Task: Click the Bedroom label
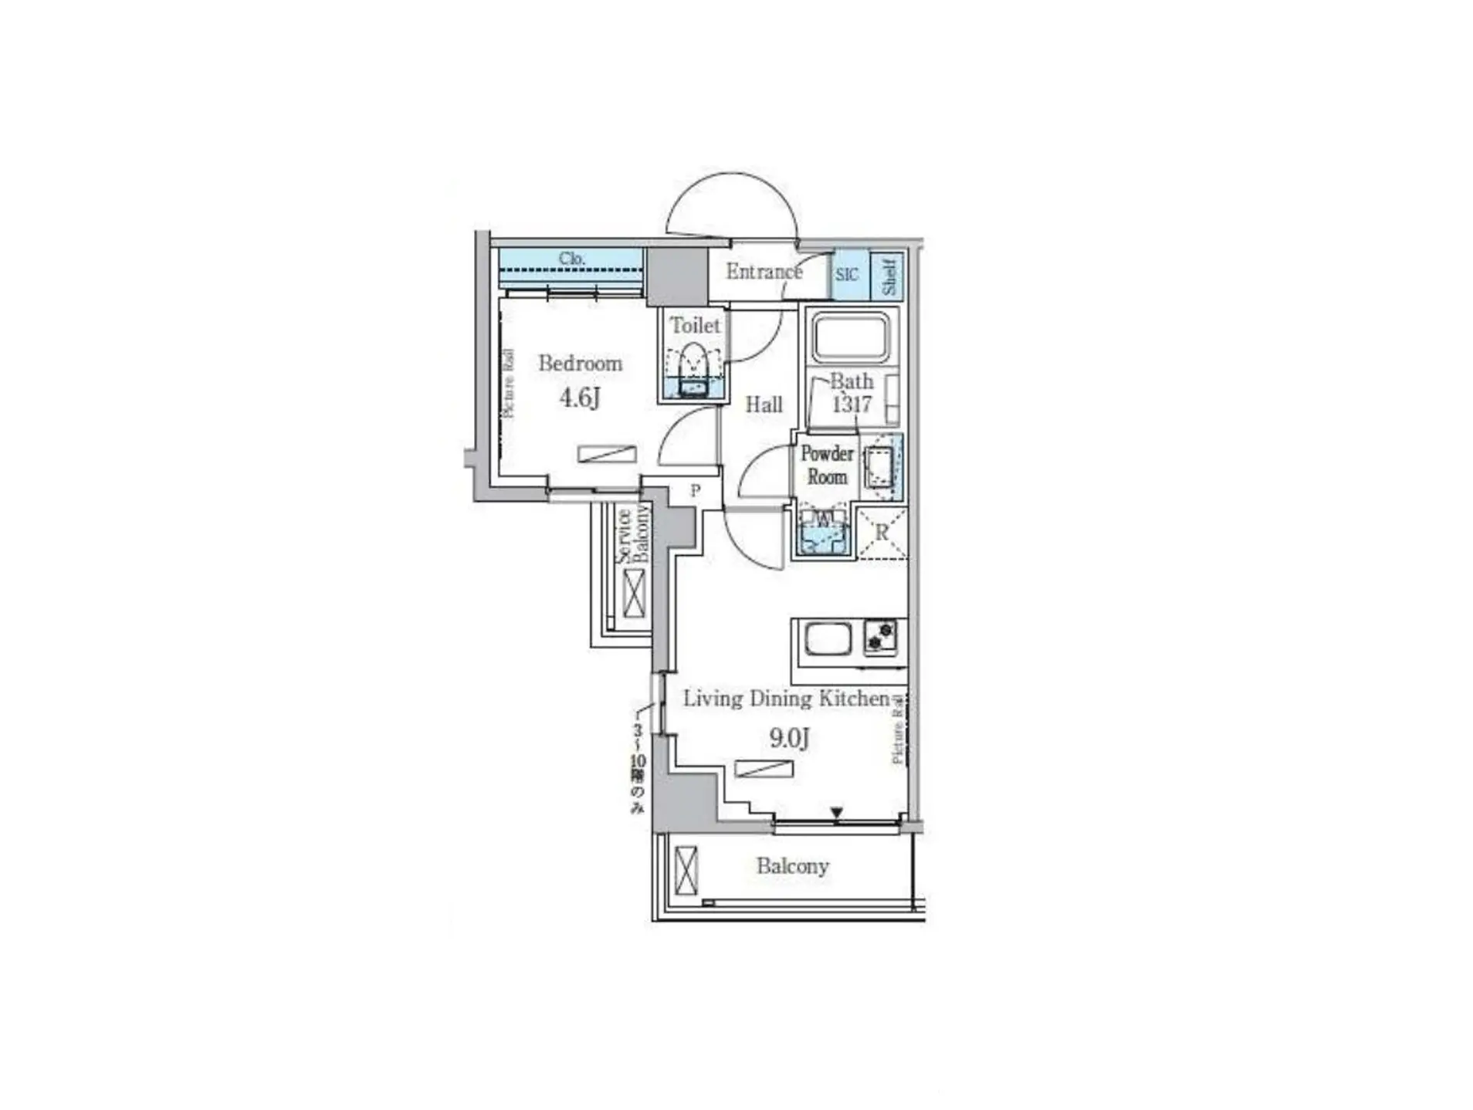(580, 363)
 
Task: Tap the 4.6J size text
(579, 398)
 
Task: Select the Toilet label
(694, 325)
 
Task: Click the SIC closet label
(846, 275)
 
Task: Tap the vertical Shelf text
(889, 276)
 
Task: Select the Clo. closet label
(571, 258)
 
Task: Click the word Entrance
(763, 272)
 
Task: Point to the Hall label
(764, 404)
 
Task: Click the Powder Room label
(827, 465)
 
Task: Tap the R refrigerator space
(882, 532)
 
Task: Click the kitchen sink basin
(828, 638)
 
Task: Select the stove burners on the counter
(880, 637)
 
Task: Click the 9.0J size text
(789, 738)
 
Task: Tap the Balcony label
(792, 866)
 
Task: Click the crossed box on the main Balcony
(686, 870)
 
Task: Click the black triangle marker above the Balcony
(837, 812)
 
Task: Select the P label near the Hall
(695, 490)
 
